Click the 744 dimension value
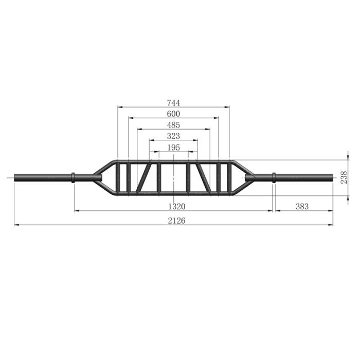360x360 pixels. coord(174,102)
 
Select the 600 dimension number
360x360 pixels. coord(174,113)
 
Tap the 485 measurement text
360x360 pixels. coord(174,125)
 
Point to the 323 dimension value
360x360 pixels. coord(174,136)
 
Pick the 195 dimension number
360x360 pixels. coord(174,148)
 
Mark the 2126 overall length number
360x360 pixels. coord(174,220)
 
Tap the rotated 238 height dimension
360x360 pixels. coord(345,177)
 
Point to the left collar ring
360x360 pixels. coord(73,177)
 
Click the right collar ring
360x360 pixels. coord(274,177)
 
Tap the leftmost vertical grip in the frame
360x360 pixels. coord(118,177)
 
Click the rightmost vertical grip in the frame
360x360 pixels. coord(229,177)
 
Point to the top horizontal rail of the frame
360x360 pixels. coord(174,161)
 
